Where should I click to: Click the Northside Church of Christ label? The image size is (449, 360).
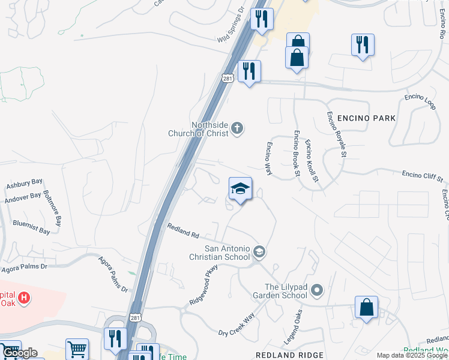[209, 129]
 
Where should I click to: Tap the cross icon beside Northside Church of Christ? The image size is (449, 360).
[238, 127]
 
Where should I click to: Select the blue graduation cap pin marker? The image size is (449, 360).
[240, 189]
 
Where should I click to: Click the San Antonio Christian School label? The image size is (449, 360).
[227, 253]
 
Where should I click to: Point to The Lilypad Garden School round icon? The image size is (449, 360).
[317, 291]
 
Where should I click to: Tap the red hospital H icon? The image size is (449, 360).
[23, 297]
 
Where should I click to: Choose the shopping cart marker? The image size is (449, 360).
[77, 349]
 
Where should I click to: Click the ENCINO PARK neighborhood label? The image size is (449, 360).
[366, 118]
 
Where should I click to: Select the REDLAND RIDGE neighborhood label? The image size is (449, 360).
[289, 356]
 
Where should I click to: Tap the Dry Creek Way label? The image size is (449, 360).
[237, 324]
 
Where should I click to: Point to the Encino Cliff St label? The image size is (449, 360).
[422, 176]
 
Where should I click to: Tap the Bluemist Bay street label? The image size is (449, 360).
[31, 227]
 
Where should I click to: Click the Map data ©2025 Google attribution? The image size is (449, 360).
[412, 356]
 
